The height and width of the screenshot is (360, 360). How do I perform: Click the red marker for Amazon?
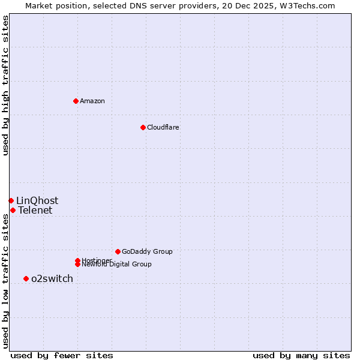pyautogui.click(x=76, y=101)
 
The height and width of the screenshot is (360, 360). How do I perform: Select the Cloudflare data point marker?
pyautogui.click(x=143, y=127)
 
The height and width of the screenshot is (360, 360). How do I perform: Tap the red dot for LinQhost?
pyautogui.click(x=11, y=200)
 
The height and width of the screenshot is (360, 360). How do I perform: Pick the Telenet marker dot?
pyautogui.click(x=13, y=210)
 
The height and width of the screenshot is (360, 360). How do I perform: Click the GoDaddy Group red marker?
pyautogui.click(x=118, y=251)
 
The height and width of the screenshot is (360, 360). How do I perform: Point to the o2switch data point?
pyautogui.click(x=26, y=278)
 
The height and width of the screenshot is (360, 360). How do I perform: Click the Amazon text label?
pyautogui.click(x=92, y=101)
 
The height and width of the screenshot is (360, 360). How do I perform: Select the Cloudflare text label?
pyautogui.click(x=163, y=127)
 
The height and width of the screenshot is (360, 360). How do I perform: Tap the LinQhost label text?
pyautogui.click(x=37, y=200)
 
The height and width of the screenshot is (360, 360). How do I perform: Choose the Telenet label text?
pyautogui.click(x=35, y=210)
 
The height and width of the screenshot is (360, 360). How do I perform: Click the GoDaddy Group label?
pyautogui.click(x=147, y=251)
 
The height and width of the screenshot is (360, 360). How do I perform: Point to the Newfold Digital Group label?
pyautogui.click(x=117, y=265)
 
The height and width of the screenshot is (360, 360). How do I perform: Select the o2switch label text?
pyautogui.click(x=52, y=278)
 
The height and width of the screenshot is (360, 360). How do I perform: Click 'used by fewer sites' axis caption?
pyautogui.click(x=62, y=356)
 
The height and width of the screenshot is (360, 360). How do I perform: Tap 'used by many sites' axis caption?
pyautogui.click(x=301, y=356)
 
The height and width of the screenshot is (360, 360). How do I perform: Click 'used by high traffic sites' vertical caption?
pyautogui.click(x=5, y=85)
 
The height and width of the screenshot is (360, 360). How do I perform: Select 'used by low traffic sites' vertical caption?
pyautogui.click(x=5, y=280)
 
